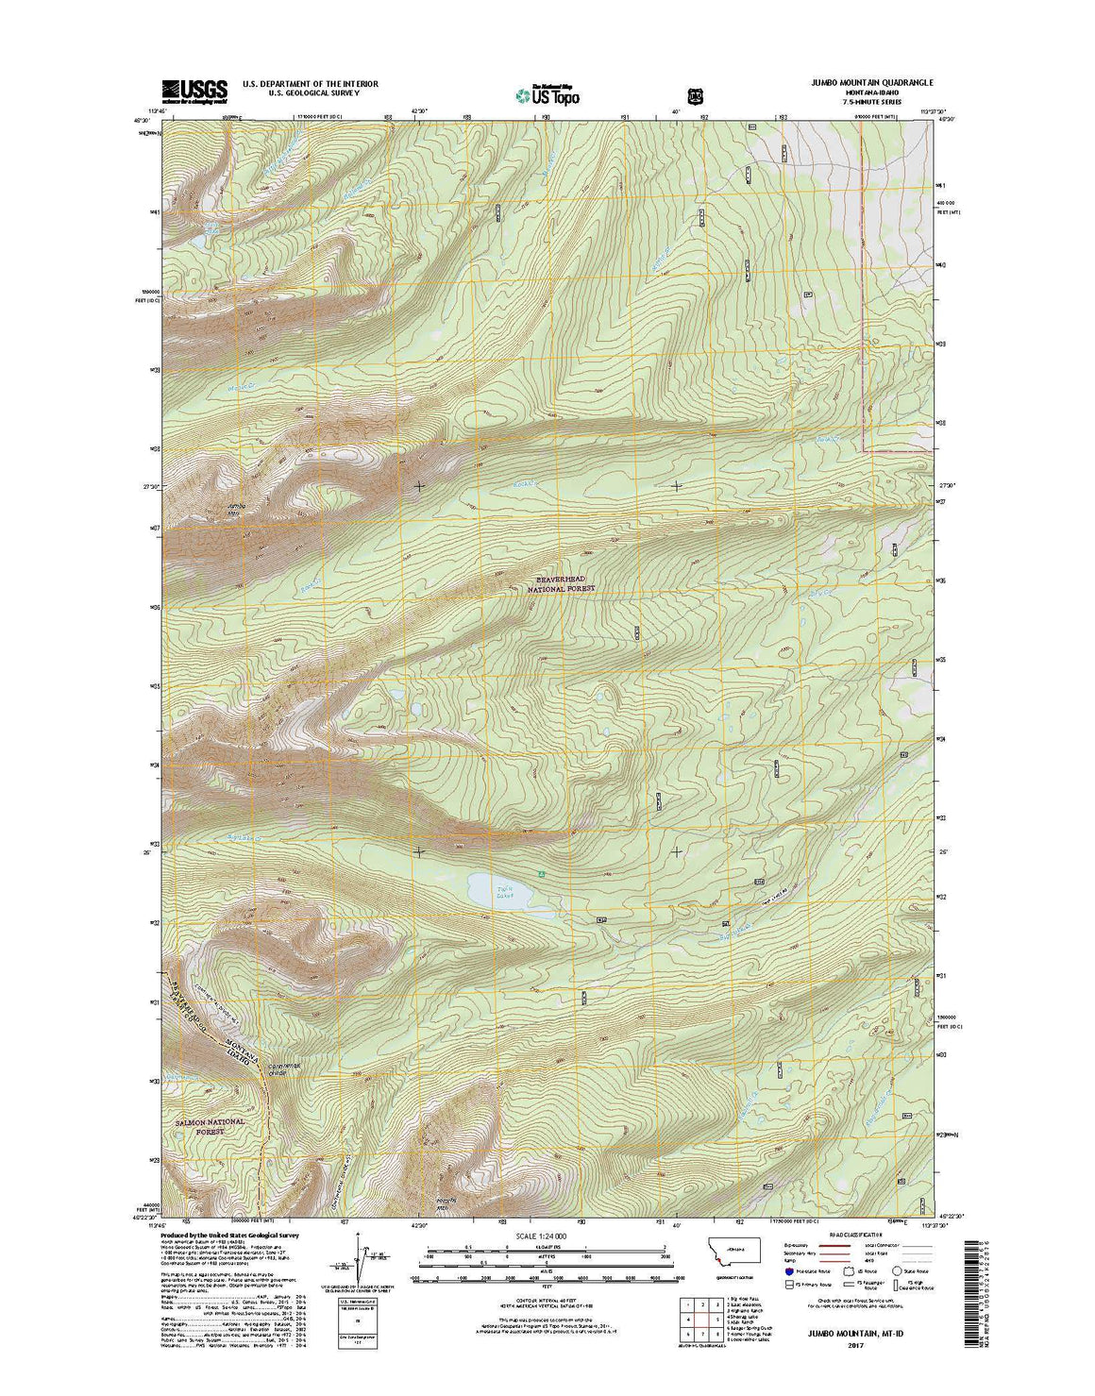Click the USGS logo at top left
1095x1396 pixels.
pyautogui.click(x=194, y=91)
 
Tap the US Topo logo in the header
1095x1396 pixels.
pyautogui.click(x=547, y=94)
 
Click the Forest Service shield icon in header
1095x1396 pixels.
pyautogui.click(x=696, y=95)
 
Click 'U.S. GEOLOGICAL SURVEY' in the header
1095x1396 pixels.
pyautogui.click(x=311, y=93)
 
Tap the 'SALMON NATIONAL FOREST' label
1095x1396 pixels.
pyautogui.click(x=210, y=1127)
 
